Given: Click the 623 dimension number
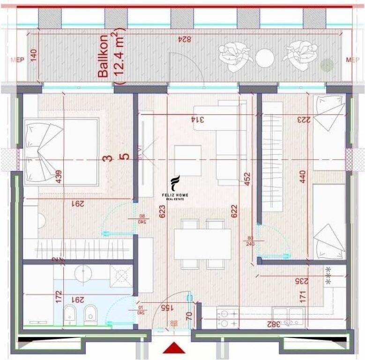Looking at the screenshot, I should (162, 214).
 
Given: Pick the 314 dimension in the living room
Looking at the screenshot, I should (201, 120).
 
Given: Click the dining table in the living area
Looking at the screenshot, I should (202, 244).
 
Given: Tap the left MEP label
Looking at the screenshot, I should (16, 60).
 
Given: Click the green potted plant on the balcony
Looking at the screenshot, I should (327, 65).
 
